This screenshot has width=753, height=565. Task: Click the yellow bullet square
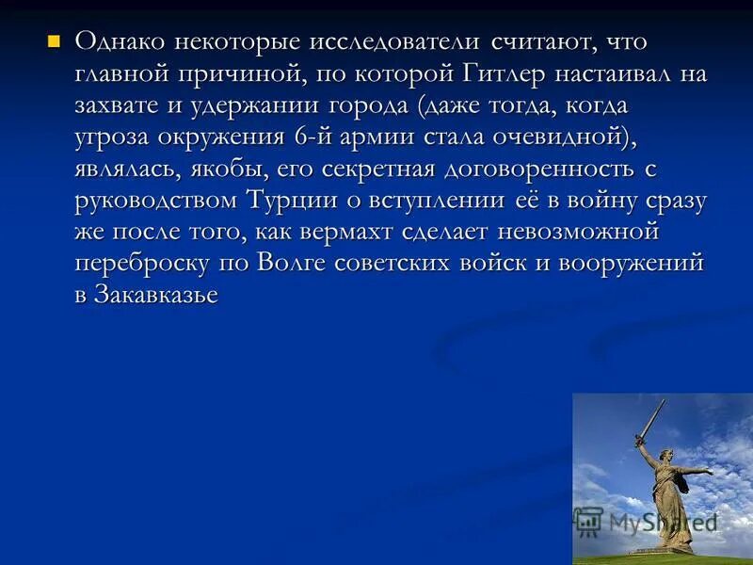pyautogui.click(x=54, y=40)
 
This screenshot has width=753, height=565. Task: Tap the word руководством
pyautogui.click(x=156, y=201)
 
